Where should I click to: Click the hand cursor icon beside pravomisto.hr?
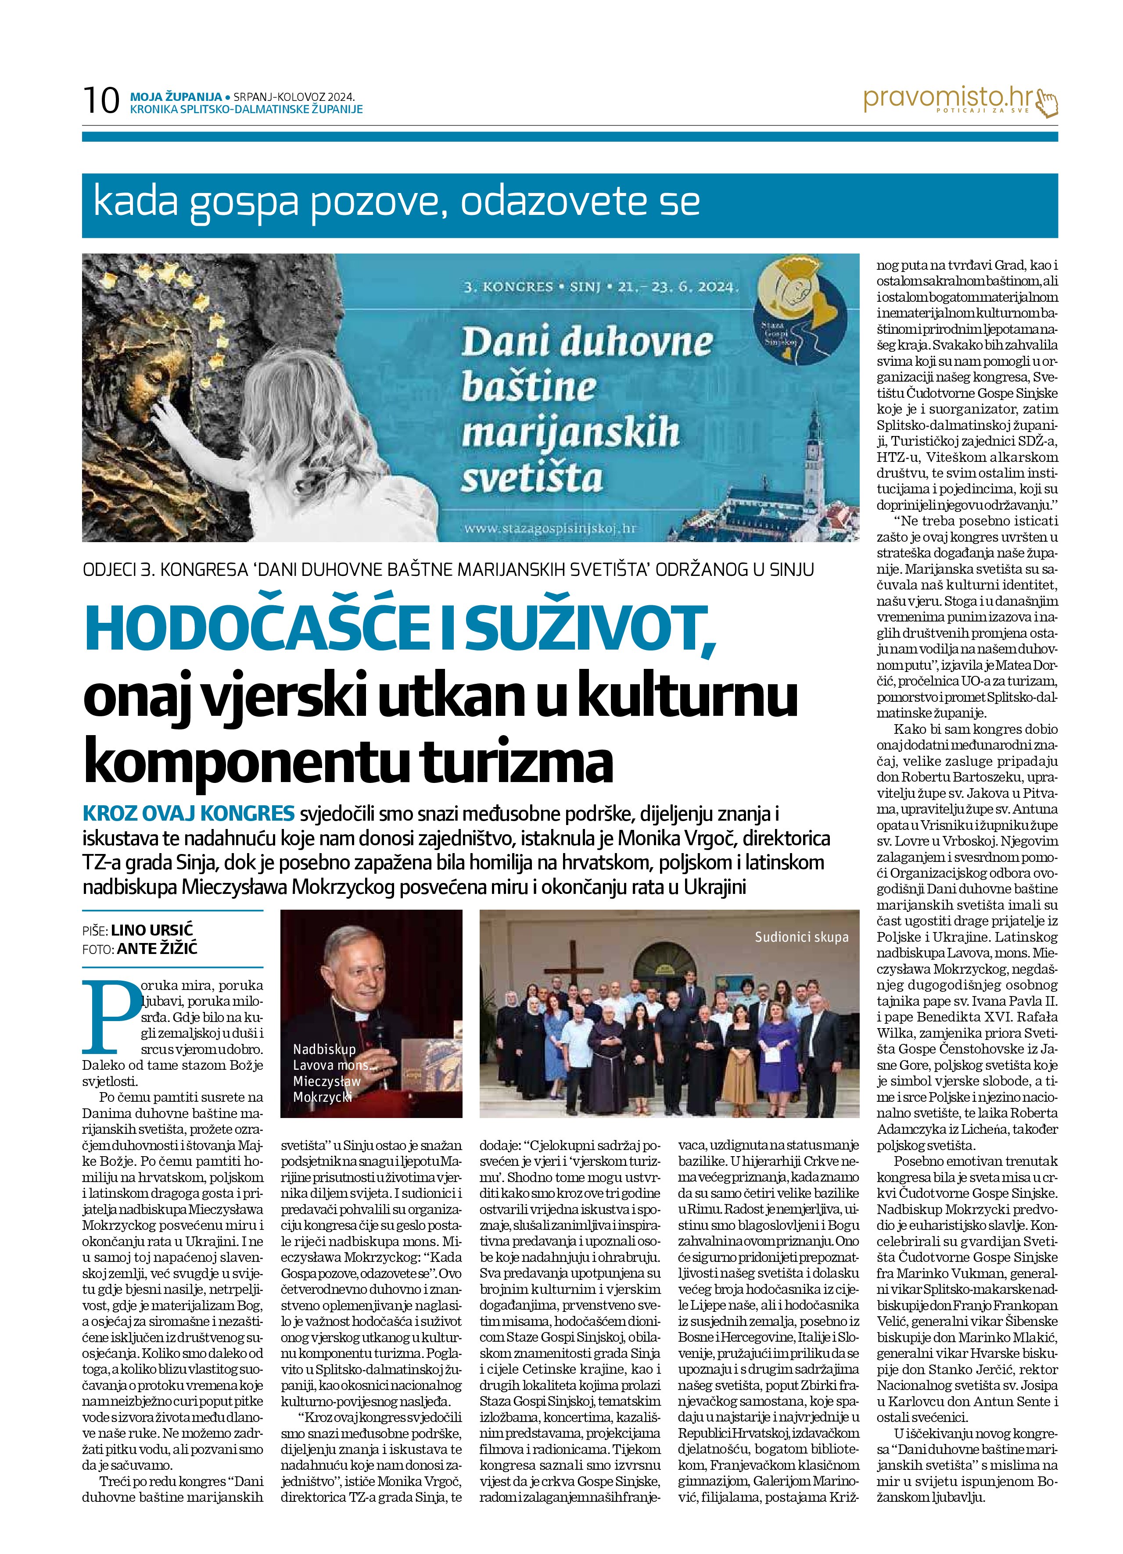(1048, 103)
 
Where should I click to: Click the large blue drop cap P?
(108, 1017)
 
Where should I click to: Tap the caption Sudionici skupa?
(801, 936)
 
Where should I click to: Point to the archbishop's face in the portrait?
(359, 972)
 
